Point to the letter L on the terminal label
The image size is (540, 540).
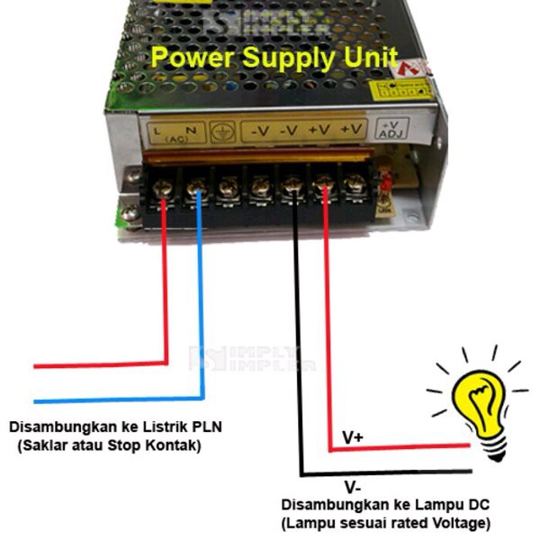tap(157, 130)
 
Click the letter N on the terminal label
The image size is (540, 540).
tap(192, 130)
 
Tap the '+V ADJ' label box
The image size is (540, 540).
tap(392, 130)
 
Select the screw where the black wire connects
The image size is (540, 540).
tap(292, 188)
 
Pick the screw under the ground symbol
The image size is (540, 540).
tap(228, 188)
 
